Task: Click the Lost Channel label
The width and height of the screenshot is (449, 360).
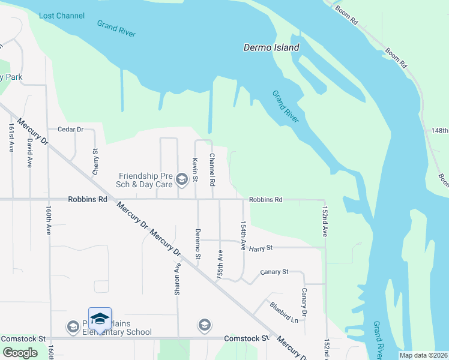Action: point(62,15)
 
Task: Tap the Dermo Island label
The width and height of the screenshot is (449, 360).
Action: point(271,47)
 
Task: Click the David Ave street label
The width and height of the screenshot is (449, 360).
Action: point(29,152)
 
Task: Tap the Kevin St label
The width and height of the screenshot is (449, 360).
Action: point(195,169)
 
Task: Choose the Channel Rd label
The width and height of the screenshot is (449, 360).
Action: point(212,168)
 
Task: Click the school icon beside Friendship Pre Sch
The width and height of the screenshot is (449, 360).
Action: point(181,178)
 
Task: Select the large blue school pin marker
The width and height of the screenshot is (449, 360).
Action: point(100,320)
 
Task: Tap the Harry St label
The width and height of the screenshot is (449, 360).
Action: point(261,247)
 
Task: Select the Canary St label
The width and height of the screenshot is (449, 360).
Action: point(274,272)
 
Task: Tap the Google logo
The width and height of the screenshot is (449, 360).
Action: point(19,353)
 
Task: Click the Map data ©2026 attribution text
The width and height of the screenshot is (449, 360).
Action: point(423,355)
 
